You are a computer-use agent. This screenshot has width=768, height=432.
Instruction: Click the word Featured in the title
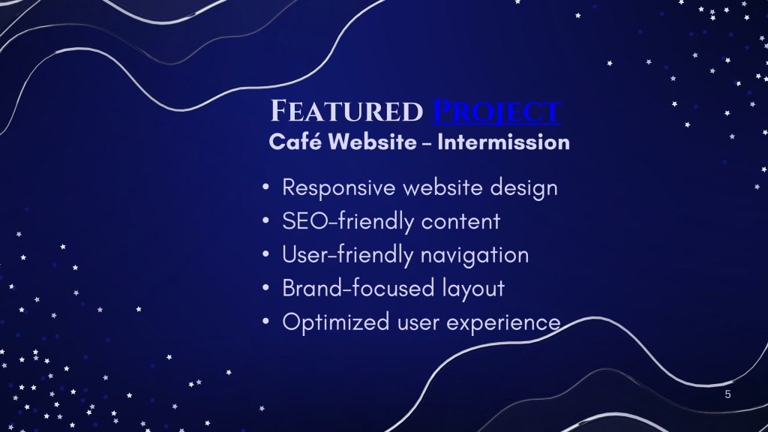pos(346,111)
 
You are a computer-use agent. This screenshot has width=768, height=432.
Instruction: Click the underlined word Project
pos(497,112)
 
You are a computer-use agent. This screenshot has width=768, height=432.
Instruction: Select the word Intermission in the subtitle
pos(503,142)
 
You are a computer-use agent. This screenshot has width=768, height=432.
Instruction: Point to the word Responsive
pos(339,188)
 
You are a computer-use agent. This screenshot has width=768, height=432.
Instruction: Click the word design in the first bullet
pos(524,188)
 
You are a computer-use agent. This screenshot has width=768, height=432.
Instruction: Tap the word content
pos(461,222)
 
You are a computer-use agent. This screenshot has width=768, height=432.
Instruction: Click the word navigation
pos(475,255)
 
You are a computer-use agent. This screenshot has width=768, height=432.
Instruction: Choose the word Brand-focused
pos(358,289)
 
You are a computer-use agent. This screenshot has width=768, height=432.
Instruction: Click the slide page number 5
pos(727,394)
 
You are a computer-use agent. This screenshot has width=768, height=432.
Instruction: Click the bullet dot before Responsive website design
pos(265,187)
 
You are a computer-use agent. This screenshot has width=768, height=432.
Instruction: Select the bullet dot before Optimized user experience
pos(265,322)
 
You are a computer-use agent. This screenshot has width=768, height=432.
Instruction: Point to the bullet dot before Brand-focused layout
pos(265,288)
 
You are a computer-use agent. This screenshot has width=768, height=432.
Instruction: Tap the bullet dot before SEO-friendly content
pos(265,221)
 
